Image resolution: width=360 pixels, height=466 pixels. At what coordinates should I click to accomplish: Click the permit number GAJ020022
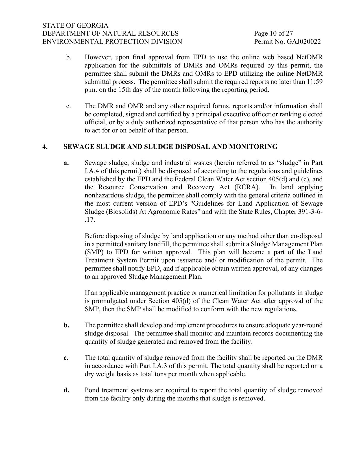[x=304, y=42]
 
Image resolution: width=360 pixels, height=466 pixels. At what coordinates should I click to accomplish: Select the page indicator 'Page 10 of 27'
[x=273, y=34]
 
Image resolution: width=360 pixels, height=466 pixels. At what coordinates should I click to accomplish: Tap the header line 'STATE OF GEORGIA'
[x=75, y=25]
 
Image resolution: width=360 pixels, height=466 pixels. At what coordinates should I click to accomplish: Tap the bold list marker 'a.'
[x=66, y=163]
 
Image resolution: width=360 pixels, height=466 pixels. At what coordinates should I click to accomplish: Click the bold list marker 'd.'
[x=66, y=390]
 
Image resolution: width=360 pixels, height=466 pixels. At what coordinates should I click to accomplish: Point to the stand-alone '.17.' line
[x=90, y=220]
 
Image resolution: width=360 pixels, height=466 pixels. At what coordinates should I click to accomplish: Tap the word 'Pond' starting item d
[x=92, y=390]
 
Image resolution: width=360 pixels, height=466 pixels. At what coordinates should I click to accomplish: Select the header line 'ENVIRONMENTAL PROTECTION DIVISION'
[x=112, y=42]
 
